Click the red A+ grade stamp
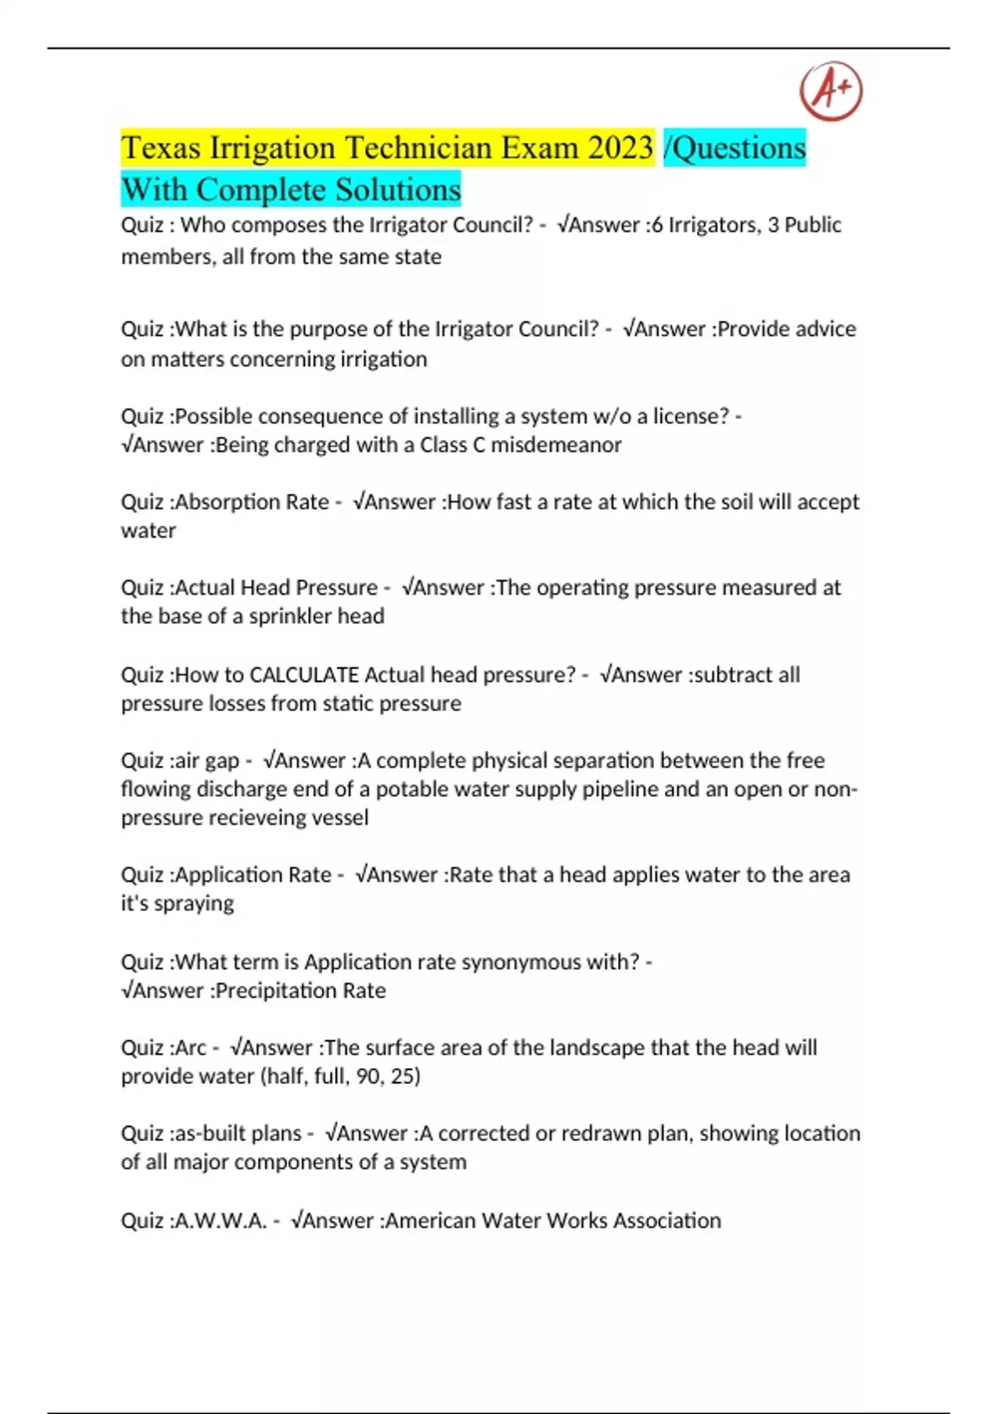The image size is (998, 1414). point(831,91)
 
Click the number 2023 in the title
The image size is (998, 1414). point(620,148)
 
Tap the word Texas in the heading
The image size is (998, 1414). point(161,148)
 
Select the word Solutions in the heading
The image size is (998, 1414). point(398,190)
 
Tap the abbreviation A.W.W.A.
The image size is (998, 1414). point(220,1221)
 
